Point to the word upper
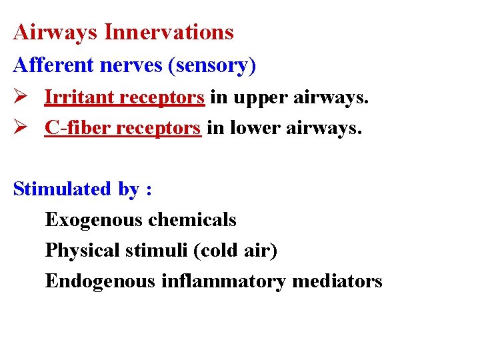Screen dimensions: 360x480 pos(254,97)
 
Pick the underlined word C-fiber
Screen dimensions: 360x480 pos(76,127)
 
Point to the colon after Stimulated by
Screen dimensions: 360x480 pos(149,190)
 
